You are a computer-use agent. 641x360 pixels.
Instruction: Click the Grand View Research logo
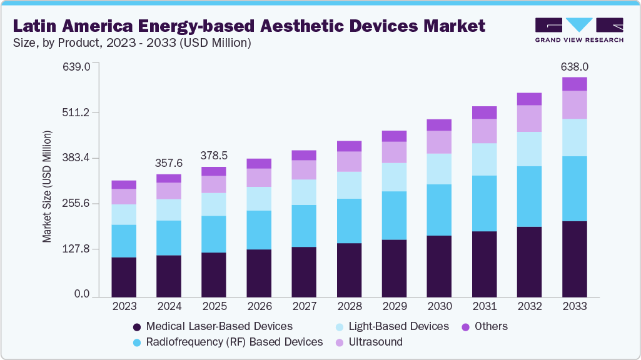(579, 29)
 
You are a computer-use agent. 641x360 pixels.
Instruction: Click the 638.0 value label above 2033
(574, 66)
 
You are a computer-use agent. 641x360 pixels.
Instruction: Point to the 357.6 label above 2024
(168, 163)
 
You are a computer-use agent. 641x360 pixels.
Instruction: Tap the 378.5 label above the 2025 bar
(213, 155)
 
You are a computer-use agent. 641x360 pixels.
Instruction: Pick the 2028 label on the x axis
(349, 306)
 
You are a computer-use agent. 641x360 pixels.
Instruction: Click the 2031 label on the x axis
(484, 306)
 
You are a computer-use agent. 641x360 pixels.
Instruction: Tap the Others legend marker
(465, 327)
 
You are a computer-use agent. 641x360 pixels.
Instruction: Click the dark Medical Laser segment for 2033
(574, 259)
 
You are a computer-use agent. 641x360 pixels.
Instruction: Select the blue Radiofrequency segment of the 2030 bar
(439, 210)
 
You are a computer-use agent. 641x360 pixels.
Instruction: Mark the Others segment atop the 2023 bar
(124, 184)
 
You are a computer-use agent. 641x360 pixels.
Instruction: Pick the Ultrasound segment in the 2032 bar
(529, 118)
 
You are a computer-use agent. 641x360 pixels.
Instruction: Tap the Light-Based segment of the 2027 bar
(304, 192)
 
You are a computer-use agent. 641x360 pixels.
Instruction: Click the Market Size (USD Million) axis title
(47, 186)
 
